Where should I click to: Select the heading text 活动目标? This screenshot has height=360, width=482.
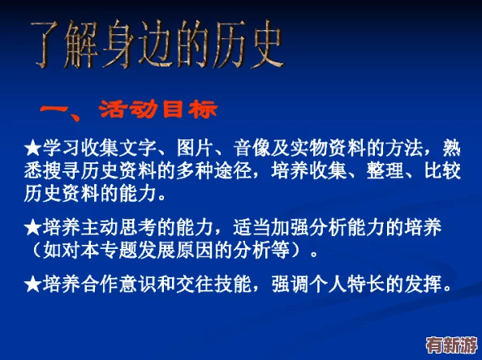point(158,109)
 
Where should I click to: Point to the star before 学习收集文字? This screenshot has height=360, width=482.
point(33,148)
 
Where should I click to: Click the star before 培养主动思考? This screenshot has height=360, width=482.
point(33,227)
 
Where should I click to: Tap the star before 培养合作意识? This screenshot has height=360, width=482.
point(33,284)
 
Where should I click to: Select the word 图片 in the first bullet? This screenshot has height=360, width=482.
point(198,148)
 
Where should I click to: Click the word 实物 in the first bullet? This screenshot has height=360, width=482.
point(324,148)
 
